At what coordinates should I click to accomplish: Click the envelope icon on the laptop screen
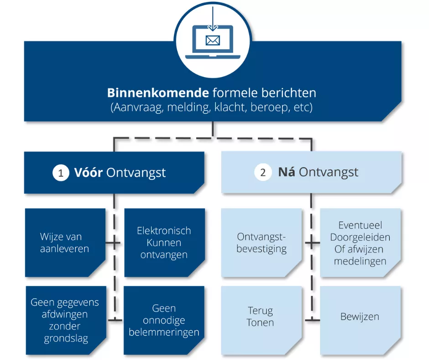(213, 41)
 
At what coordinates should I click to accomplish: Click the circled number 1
(60, 173)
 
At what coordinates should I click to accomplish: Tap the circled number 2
(262, 173)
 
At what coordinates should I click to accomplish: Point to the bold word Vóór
(89, 173)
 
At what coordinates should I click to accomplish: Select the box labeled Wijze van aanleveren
(65, 243)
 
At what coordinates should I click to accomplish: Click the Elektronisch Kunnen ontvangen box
(164, 243)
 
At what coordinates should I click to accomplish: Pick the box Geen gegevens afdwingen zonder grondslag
(65, 320)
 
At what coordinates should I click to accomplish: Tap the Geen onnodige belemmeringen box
(164, 320)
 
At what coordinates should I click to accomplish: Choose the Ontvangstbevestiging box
(262, 243)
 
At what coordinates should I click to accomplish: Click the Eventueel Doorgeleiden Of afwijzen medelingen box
(360, 243)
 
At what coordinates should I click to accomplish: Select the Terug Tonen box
(261, 317)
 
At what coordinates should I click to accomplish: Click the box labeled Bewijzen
(360, 317)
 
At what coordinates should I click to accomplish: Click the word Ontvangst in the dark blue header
(136, 173)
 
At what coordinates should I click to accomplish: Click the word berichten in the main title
(288, 93)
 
